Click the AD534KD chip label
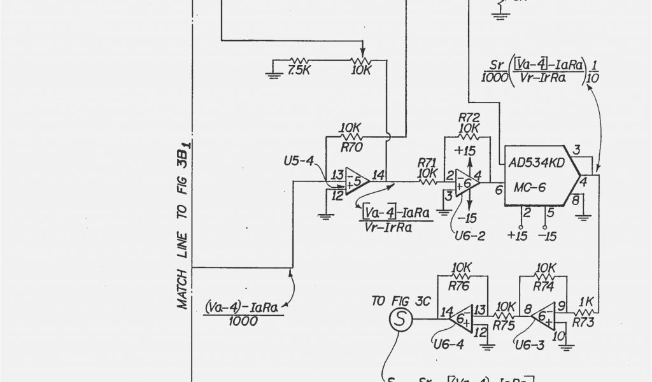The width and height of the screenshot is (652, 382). [x=536, y=162]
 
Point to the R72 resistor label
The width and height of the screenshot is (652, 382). [x=469, y=118]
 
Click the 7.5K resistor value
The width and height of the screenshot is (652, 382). [x=299, y=71]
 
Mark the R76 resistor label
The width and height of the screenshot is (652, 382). [x=460, y=286]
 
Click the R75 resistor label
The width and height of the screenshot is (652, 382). [x=503, y=325]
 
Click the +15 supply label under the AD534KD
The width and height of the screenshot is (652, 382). [x=518, y=236]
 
